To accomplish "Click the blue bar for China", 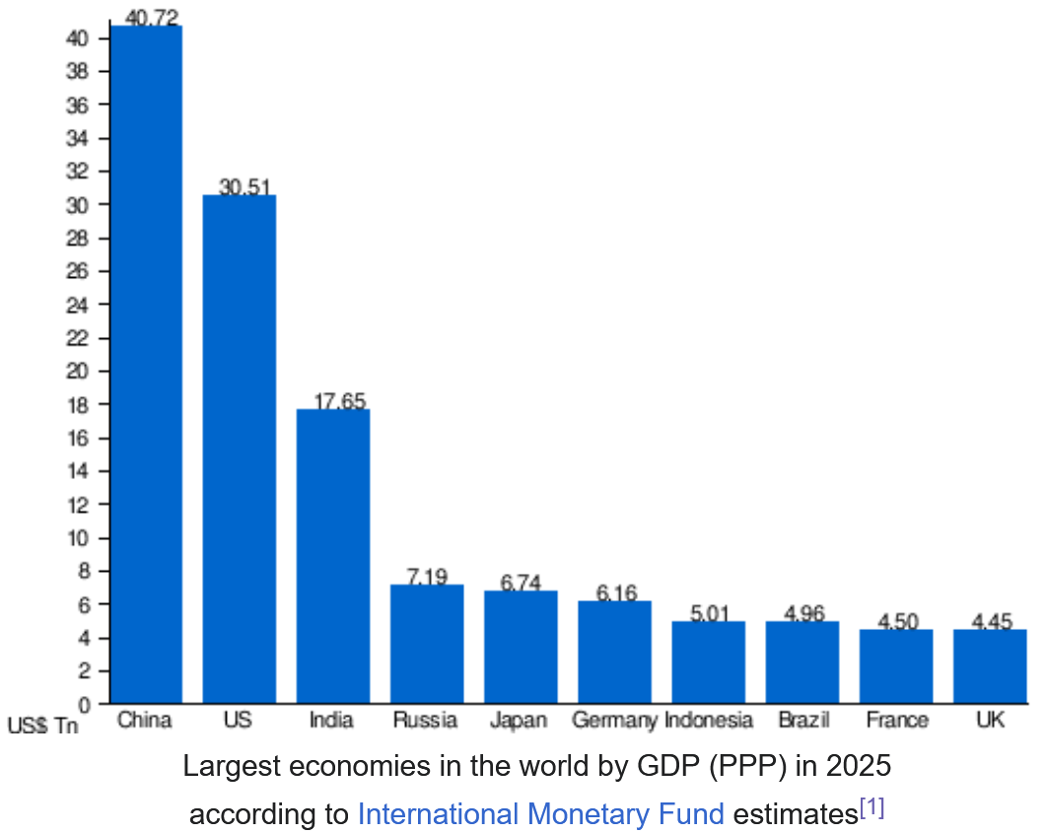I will click(x=146, y=365).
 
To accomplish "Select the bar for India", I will click(x=333, y=556).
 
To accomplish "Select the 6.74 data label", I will click(x=521, y=583).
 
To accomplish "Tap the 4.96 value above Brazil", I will click(x=803, y=613).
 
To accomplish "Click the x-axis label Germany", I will click(x=614, y=721).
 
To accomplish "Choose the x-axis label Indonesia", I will click(x=709, y=721).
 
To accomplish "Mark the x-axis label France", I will click(x=897, y=721).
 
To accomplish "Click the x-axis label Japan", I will click(x=519, y=721).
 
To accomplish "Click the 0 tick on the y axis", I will click(x=85, y=705).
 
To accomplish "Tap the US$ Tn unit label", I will click(x=42, y=727).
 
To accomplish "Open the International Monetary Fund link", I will click(x=540, y=814).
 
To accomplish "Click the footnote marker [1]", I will click(x=872, y=808).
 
